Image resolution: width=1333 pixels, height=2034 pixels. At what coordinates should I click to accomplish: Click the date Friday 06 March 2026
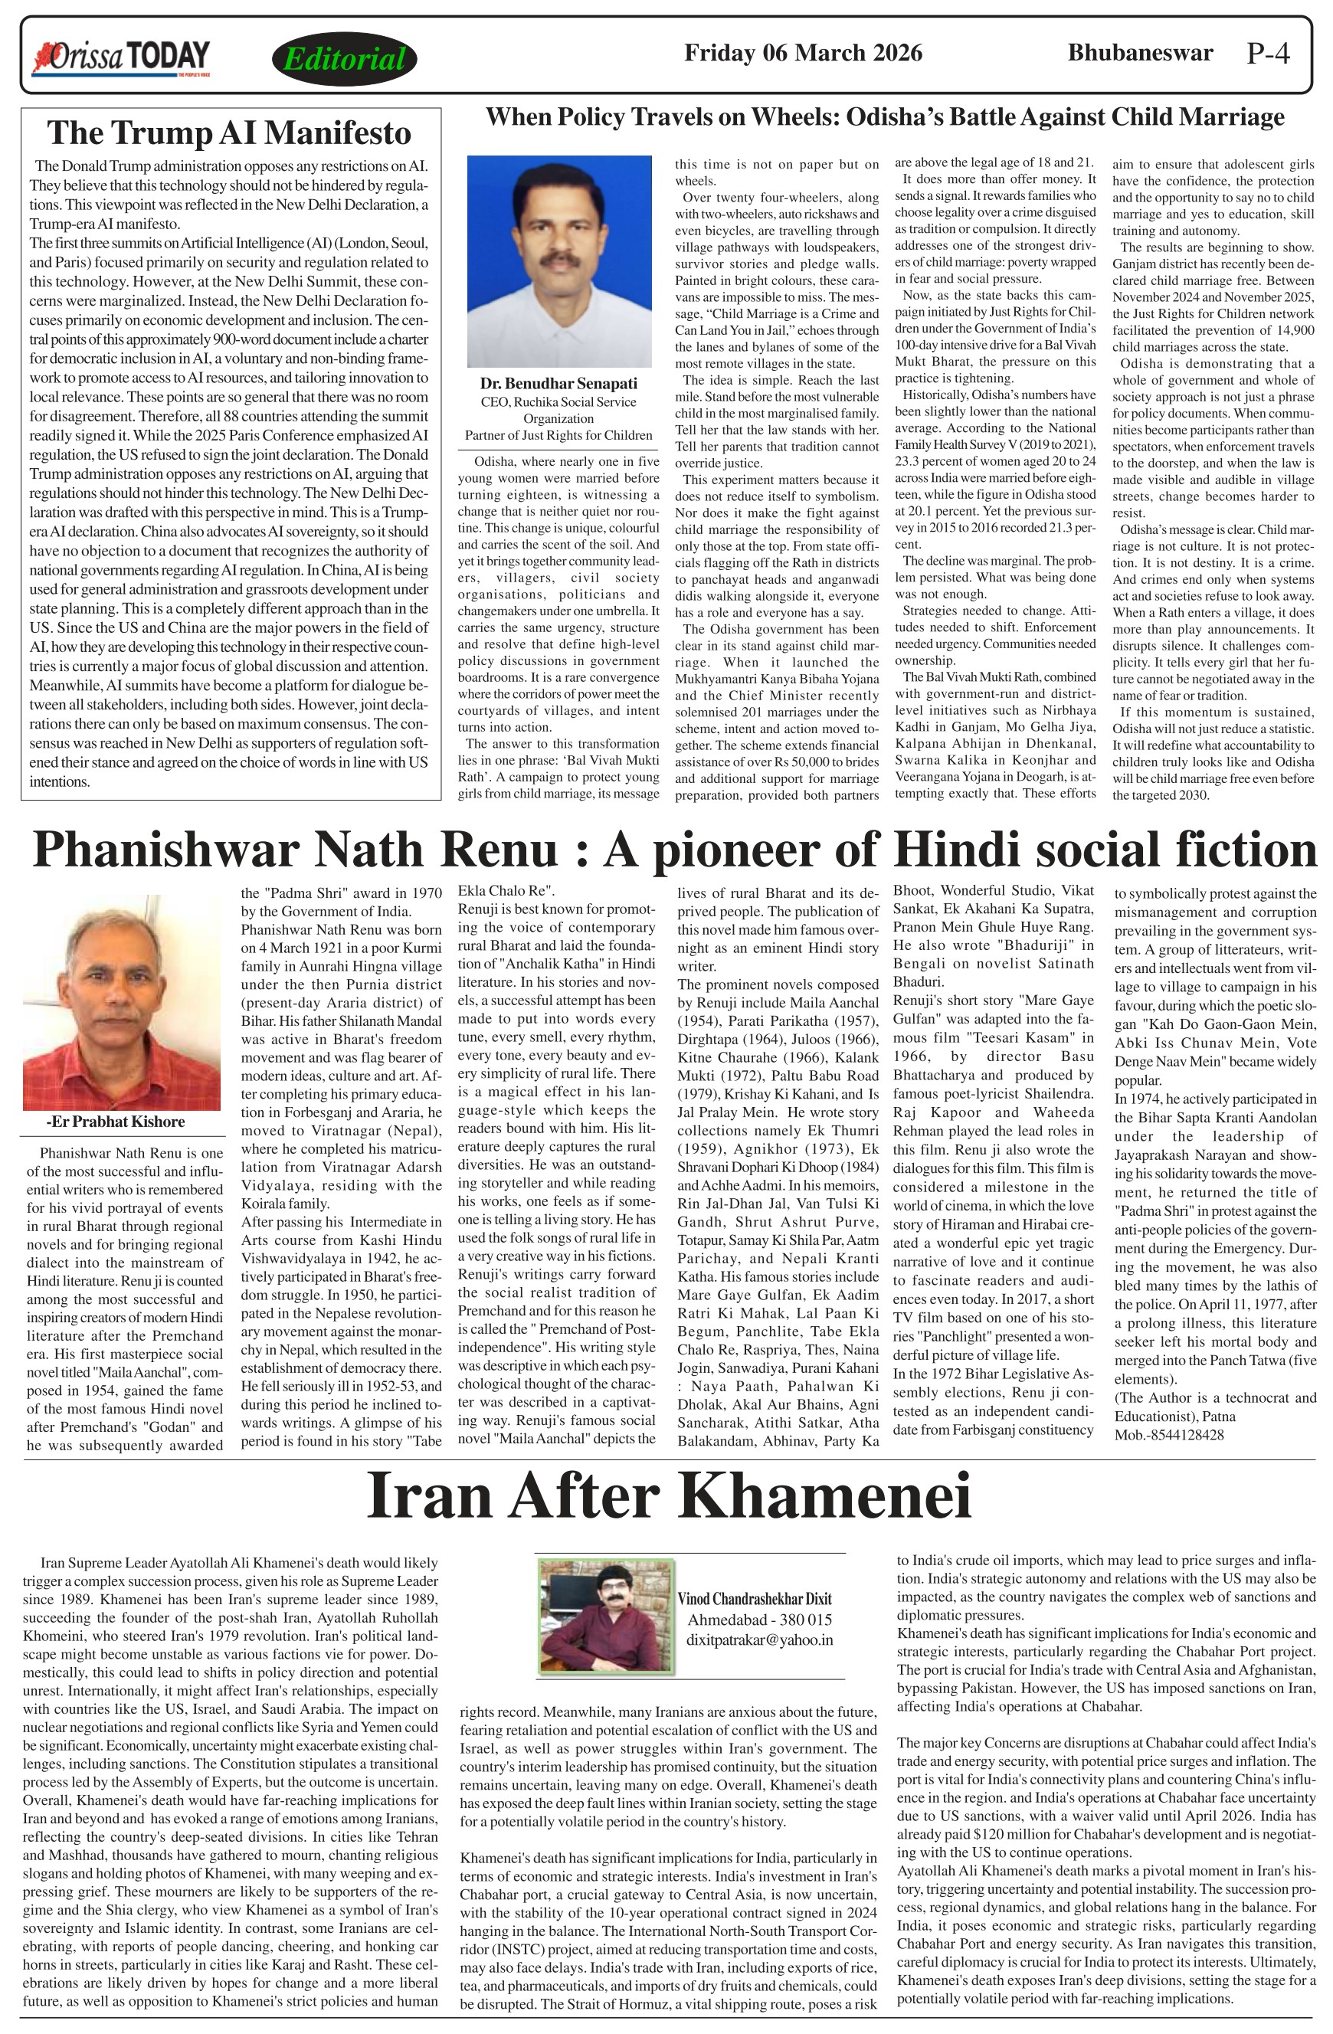click(x=802, y=53)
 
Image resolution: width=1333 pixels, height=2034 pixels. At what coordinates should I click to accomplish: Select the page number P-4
click(x=1267, y=54)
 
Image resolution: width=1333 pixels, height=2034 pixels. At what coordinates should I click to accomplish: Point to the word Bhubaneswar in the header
click(x=1139, y=53)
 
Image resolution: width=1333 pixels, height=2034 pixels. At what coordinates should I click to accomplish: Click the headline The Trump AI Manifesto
click(x=229, y=133)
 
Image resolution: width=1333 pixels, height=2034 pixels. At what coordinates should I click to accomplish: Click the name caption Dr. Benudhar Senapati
click(x=558, y=384)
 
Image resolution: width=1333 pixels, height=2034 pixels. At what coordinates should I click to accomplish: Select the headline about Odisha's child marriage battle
click(x=884, y=117)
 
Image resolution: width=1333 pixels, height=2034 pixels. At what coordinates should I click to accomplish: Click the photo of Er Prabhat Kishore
click(x=121, y=1001)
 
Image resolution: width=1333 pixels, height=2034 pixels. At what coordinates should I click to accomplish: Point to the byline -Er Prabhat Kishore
click(x=116, y=1122)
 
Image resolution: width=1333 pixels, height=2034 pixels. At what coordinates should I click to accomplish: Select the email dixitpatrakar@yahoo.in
click(x=758, y=1639)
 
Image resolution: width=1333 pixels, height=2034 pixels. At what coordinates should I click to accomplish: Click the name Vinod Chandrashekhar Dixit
click(x=754, y=1598)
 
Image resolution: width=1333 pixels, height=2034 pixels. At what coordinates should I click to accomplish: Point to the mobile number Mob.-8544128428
click(x=1168, y=1435)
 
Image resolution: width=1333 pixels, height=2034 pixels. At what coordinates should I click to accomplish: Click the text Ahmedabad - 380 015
click(x=758, y=1620)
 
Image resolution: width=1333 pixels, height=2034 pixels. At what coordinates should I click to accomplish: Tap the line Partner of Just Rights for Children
click(x=558, y=435)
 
